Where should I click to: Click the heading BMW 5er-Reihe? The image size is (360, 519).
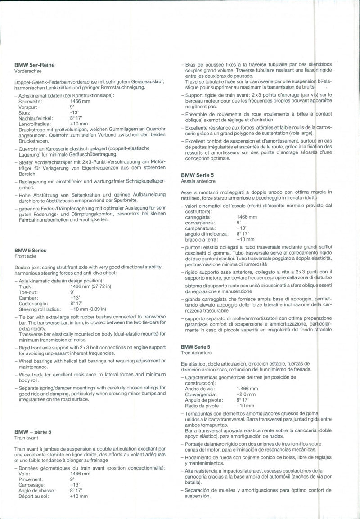tap(34, 65)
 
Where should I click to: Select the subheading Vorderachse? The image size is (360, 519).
tap(28, 71)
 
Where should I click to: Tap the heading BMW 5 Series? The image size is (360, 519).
tap(30, 250)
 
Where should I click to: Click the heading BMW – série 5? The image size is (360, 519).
tap(34, 432)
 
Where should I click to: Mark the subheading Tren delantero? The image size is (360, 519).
tap(196, 353)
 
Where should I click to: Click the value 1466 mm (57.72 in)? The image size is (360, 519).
tap(90, 286)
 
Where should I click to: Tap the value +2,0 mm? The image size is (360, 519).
tap(245, 394)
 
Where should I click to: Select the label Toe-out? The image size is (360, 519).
tap(28, 292)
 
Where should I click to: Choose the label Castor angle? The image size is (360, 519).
tap(33, 303)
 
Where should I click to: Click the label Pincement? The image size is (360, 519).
tap(31, 479)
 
